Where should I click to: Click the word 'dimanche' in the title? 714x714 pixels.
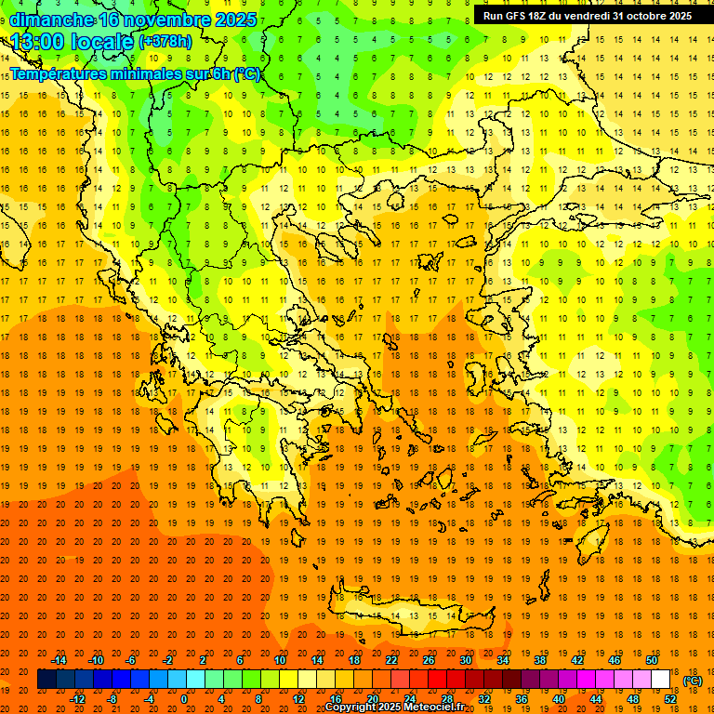pos(51,20)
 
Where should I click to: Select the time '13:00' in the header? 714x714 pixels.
pos(39,42)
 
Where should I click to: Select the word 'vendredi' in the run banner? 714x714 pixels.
pos(588,16)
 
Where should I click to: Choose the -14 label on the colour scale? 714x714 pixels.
pos(59,660)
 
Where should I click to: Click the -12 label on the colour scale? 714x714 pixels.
pos(78,699)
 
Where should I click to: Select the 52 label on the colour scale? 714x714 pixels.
pos(670,699)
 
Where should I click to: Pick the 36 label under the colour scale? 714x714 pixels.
pos(522,699)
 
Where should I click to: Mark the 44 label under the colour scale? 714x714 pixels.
pos(596,699)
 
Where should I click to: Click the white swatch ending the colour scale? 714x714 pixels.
pos(661,680)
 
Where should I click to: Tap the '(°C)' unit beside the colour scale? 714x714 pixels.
pos(693,681)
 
